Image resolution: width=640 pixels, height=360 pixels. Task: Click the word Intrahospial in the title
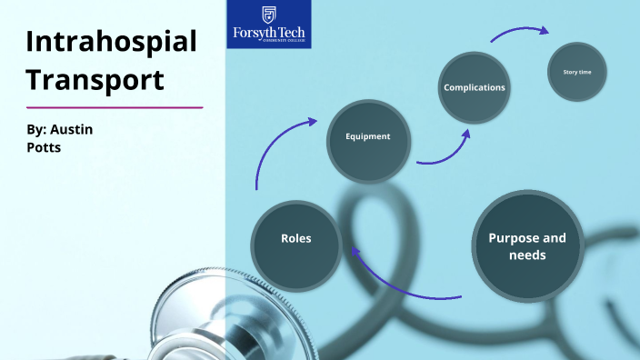click(111, 42)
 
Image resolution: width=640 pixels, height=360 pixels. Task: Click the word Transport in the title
click(95, 79)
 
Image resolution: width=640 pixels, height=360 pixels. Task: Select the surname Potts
click(45, 146)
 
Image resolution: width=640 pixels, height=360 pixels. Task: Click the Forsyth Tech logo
click(268, 25)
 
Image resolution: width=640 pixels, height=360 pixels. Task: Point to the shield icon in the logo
click(268, 14)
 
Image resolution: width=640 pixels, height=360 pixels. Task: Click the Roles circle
click(296, 239)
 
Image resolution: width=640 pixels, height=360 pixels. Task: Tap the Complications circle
click(474, 88)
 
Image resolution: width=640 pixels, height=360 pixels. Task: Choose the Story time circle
click(577, 71)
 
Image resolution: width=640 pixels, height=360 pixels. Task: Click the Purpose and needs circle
click(527, 246)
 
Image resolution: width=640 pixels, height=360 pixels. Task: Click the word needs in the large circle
click(527, 255)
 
